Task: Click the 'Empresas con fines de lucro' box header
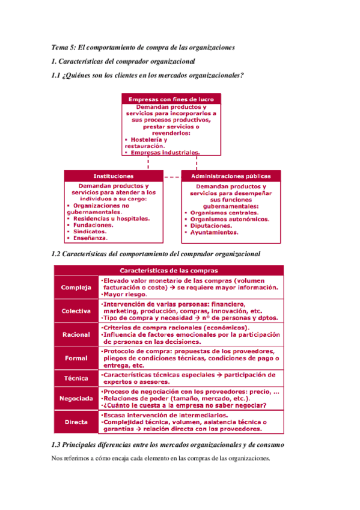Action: [171, 99]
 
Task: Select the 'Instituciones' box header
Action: [114, 176]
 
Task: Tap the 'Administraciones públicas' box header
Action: [230, 176]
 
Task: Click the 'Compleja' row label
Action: [76, 287]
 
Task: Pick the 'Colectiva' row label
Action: [76, 311]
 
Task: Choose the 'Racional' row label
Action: [76, 334]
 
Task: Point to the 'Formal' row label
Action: [76, 358]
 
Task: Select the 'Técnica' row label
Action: [76, 378]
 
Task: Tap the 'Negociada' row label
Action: [76, 398]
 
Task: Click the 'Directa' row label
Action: [76, 422]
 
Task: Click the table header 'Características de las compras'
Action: [168, 271]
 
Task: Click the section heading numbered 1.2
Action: [156, 254]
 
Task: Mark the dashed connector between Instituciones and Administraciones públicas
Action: [172, 177]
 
